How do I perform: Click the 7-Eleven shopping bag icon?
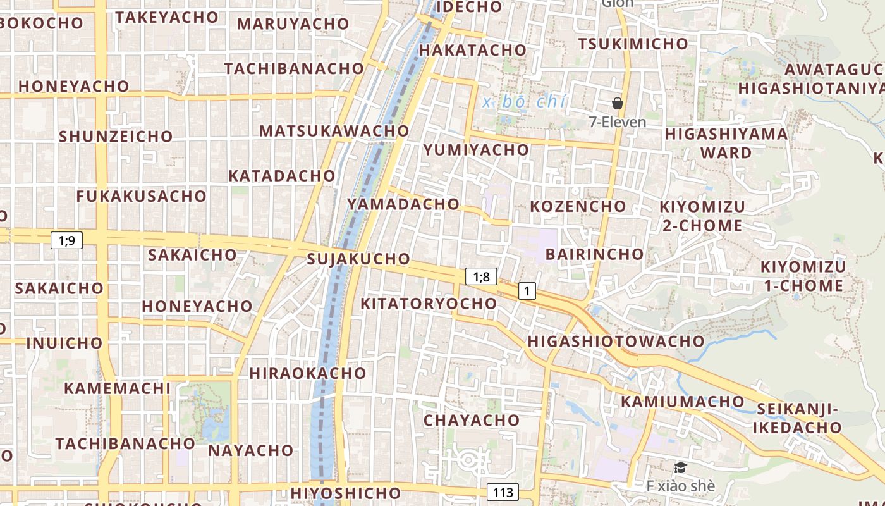coord(618,103)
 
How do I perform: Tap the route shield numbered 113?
coord(503,492)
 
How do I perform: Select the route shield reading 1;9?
coord(66,240)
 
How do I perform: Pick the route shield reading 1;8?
coord(481,276)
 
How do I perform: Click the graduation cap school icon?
coord(680,467)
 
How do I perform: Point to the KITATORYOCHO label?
coord(429,304)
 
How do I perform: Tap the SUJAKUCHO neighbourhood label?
coord(358,259)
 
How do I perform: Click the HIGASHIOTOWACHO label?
coord(616,342)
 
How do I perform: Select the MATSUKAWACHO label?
coord(334,131)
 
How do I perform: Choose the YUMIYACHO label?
coord(476,150)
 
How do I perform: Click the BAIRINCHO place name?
coord(594,254)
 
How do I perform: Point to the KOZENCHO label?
coord(578,206)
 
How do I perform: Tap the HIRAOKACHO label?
coord(308,373)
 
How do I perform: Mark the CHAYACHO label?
coord(472,420)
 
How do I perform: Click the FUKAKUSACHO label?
coord(142,196)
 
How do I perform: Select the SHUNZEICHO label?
coord(116,136)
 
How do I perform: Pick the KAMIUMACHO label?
coord(683,402)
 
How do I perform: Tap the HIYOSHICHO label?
coord(346,492)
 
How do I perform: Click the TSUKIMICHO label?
coord(633,44)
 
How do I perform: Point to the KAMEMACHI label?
coord(118,388)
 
